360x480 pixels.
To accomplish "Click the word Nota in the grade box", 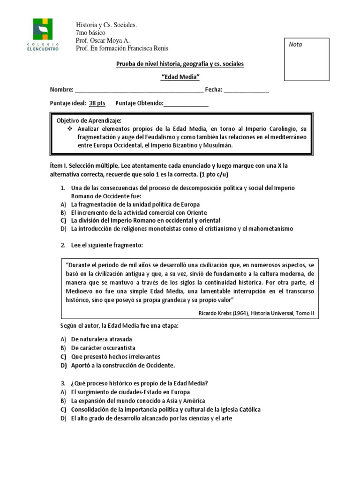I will (295, 45).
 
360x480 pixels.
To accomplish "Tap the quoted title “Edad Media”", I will (180, 76).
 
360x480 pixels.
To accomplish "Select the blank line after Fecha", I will (246, 90).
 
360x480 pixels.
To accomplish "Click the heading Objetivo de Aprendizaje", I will (89, 120).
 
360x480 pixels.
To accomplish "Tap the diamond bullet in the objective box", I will (70, 128).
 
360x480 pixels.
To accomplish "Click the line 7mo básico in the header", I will (90, 33).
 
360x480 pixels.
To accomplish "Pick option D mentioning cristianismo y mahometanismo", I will (182, 229).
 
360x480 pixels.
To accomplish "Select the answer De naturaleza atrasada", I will (102, 339).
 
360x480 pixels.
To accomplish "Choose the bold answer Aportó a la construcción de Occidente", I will (123, 365).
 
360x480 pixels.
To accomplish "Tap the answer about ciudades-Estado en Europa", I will (131, 392).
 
